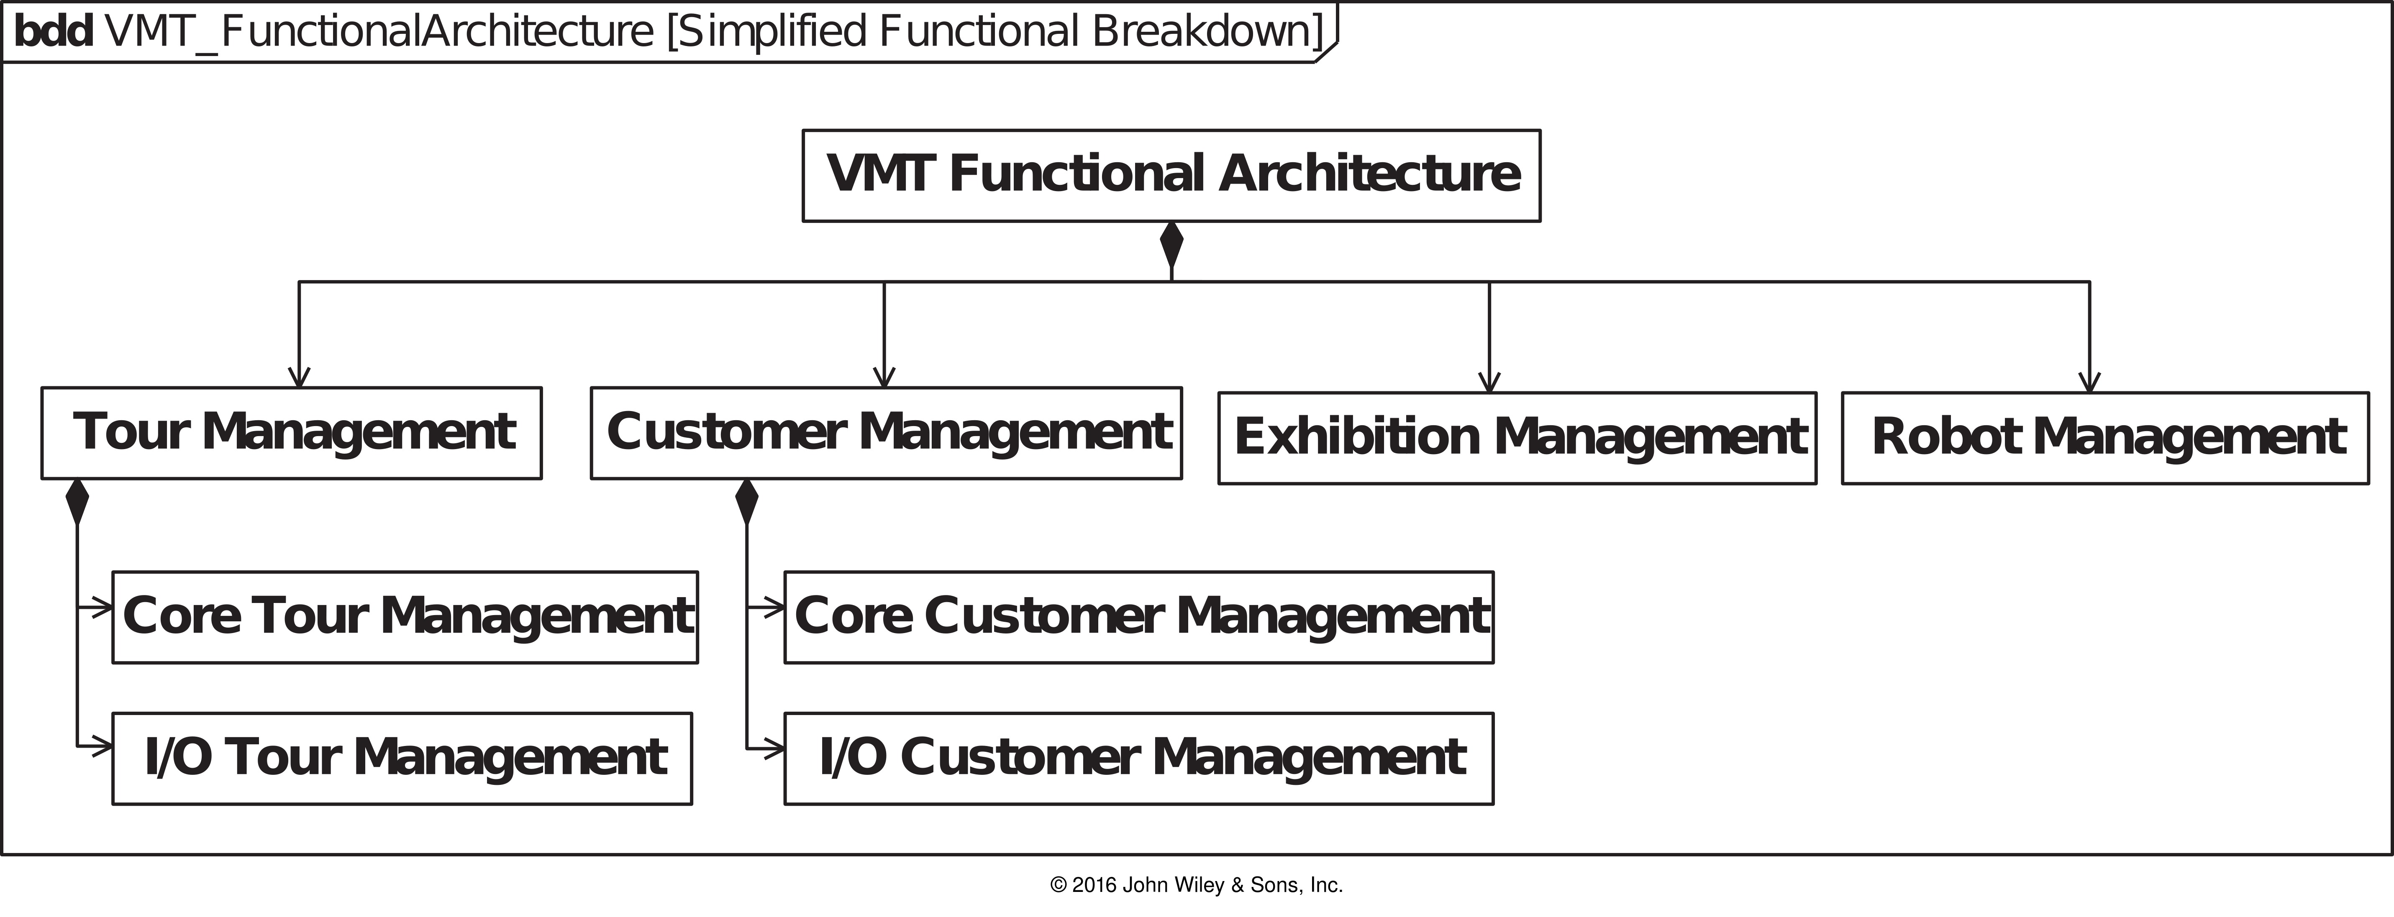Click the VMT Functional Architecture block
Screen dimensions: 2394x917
[1171, 176]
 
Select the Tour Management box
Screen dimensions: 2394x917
[292, 433]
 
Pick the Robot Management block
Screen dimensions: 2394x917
[2105, 438]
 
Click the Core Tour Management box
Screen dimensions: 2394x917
[405, 617]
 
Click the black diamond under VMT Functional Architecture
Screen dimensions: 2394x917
[1171, 245]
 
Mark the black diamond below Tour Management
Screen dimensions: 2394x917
[77, 503]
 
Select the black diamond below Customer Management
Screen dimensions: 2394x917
[746, 503]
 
